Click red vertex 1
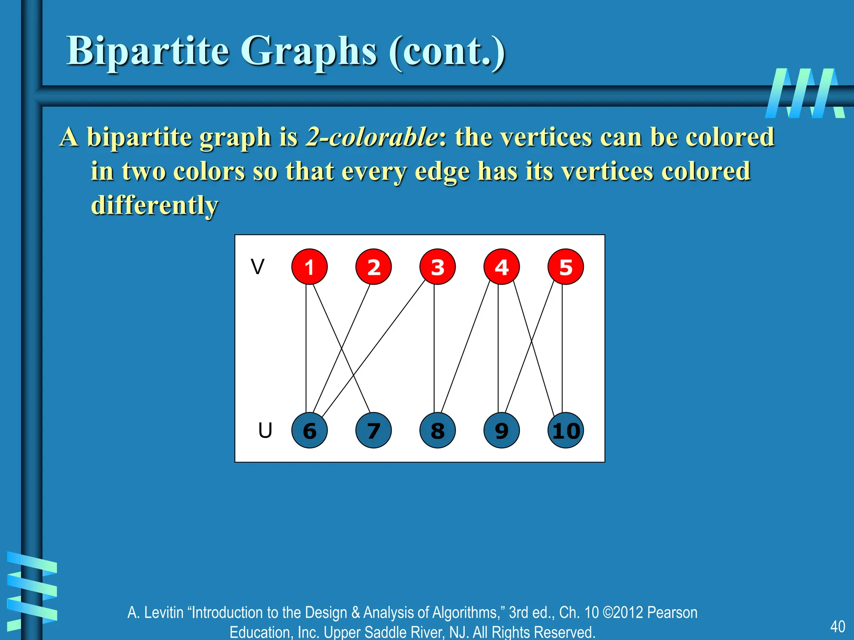click(309, 267)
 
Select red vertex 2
click(374, 267)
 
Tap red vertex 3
click(437, 267)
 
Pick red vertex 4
click(502, 267)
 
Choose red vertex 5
click(565, 267)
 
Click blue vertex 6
click(309, 430)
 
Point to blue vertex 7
click(374, 430)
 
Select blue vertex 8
click(437, 430)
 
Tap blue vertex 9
click(502, 430)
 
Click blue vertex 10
click(565, 430)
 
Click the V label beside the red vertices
click(258, 267)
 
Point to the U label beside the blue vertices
click(265, 430)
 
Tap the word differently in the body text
click(155, 205)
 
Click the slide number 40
click(837, 626)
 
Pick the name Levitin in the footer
click(164, 612)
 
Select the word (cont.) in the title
click(447, 51)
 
